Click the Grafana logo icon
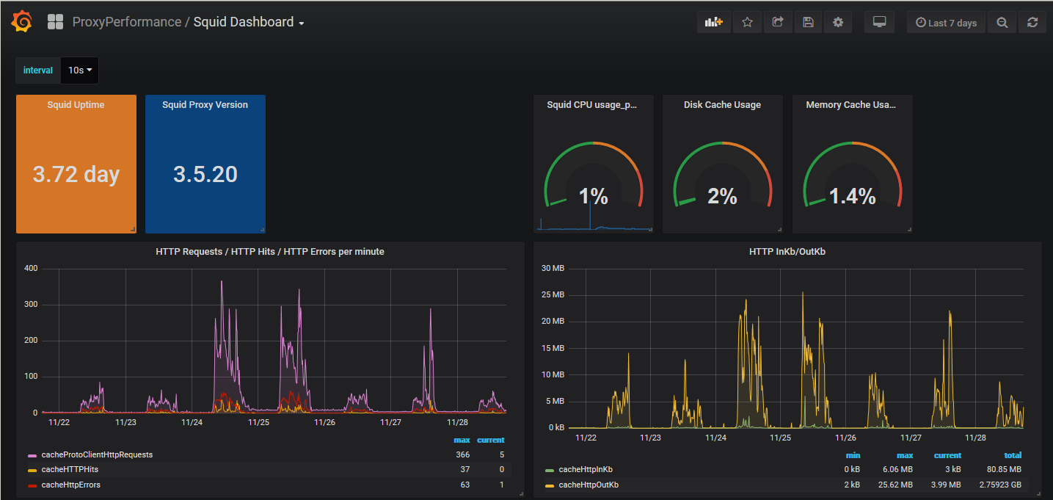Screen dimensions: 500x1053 22,23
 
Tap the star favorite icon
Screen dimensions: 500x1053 747,23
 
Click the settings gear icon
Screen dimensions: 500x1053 838,23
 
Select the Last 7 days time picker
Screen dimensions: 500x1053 946,23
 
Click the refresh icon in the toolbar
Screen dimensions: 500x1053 1032,23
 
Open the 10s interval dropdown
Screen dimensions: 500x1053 79,70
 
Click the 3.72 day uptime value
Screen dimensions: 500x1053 76,174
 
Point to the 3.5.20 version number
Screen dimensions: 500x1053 205,174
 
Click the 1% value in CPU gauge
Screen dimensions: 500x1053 593,196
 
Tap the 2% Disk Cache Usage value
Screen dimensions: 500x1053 722,196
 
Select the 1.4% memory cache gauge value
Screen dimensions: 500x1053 852,196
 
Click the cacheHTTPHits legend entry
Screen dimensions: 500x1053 70,469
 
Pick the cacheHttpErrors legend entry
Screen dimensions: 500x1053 70,485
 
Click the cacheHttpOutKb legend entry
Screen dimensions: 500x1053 589,485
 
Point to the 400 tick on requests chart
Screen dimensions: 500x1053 30,268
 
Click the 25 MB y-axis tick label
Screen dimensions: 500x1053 553,294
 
